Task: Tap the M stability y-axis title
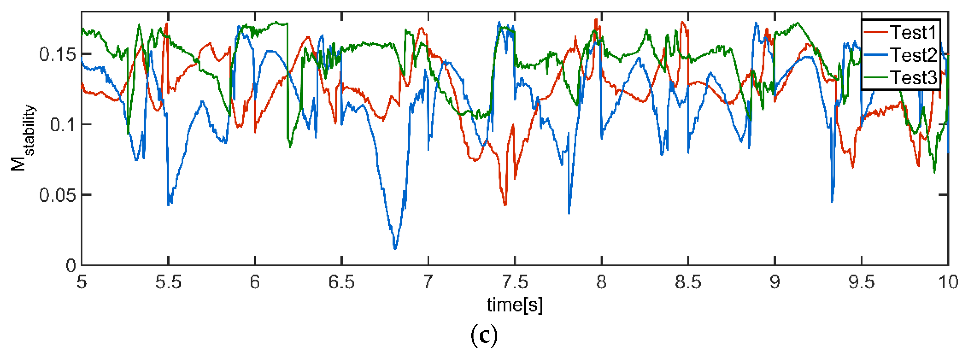coord(23,137)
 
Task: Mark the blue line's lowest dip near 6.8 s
coord(395,248)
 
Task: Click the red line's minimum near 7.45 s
coord(505,205)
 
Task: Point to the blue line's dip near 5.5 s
coord(169,205)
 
